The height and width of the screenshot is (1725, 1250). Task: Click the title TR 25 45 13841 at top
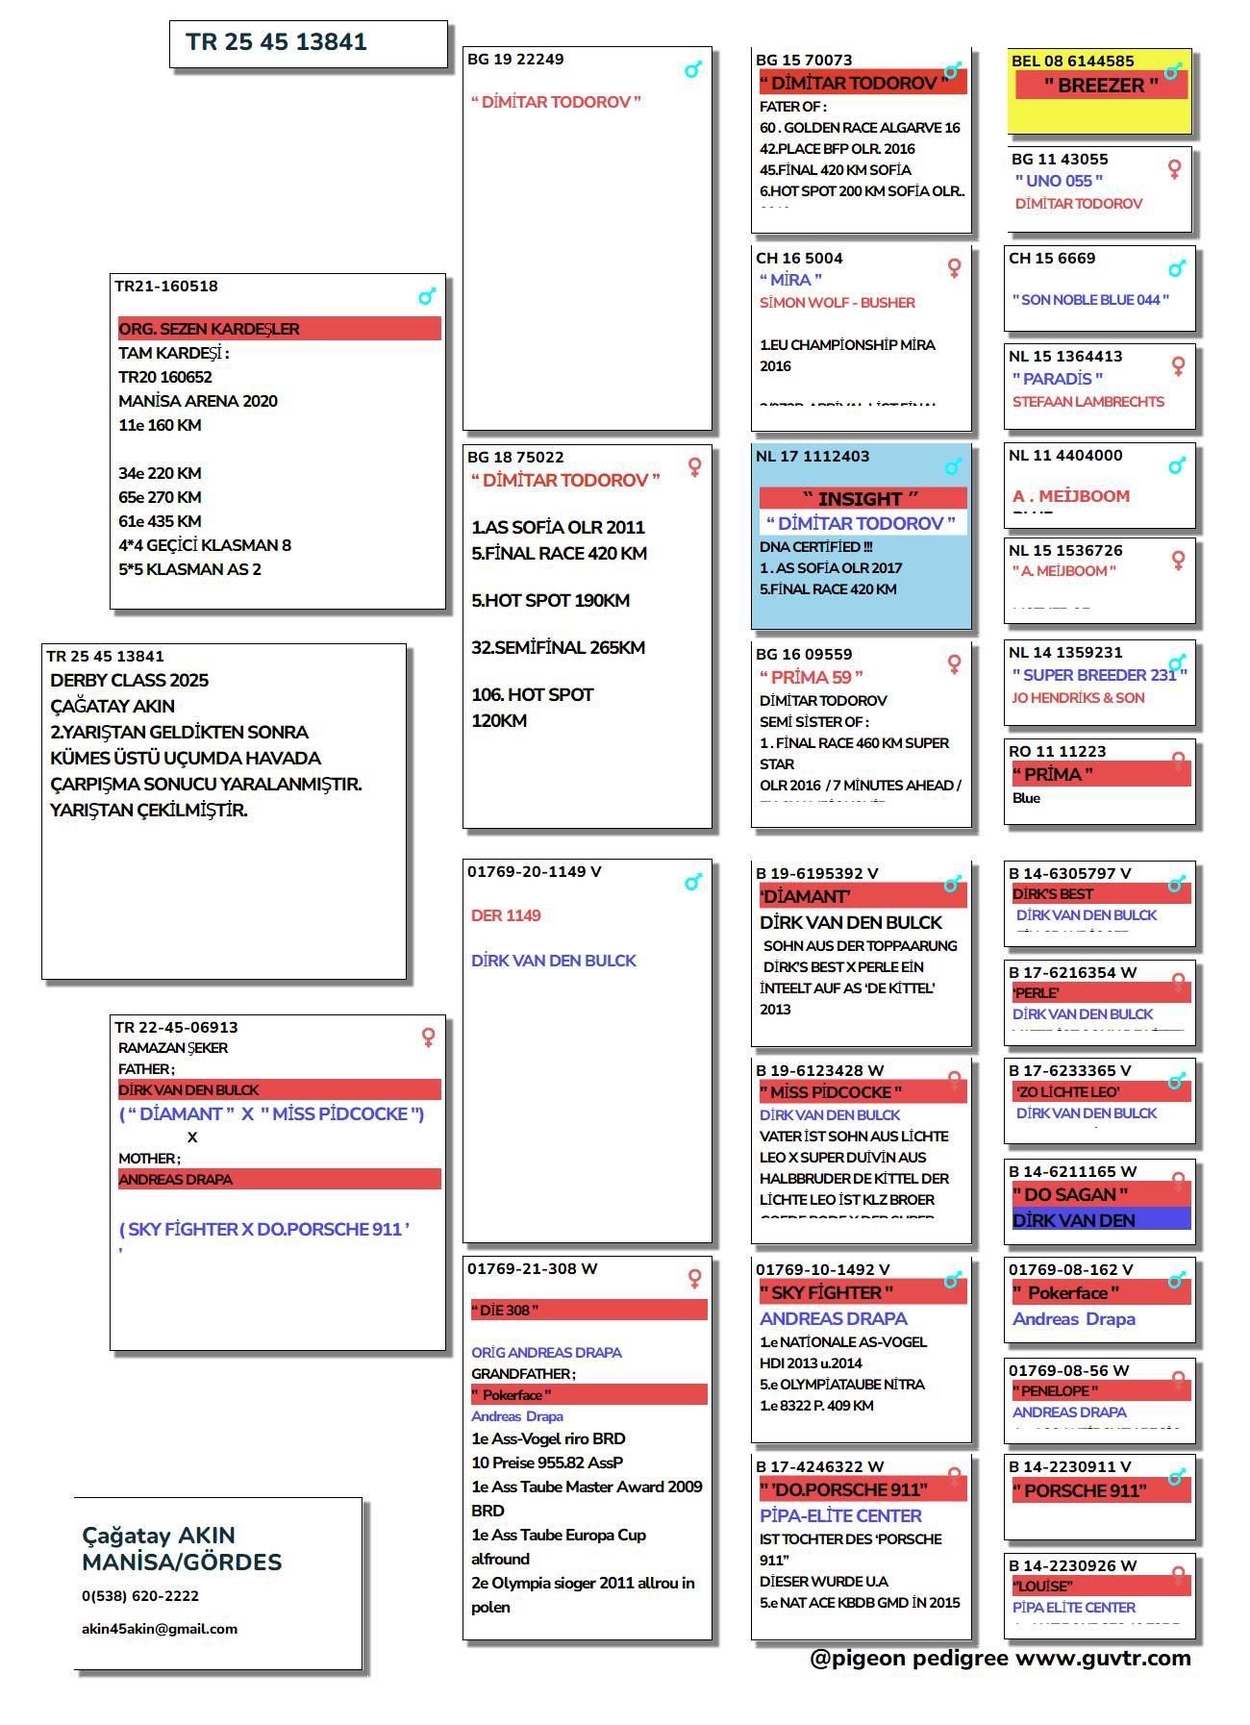click(276, 42)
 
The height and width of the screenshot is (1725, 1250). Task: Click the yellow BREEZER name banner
click(1101, 86)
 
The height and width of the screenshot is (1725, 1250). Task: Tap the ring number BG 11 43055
click(1059, 160)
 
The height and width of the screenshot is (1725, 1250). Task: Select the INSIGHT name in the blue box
click(861, 499)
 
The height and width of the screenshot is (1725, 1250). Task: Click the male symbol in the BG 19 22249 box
click(693, 70)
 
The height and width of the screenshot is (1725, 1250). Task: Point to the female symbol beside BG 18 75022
click(694, 467)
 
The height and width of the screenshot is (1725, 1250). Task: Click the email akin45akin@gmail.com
click(160, 1629)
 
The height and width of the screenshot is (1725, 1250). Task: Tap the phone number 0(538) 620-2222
click(140, 1596)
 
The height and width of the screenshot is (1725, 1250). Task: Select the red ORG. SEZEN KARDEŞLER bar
click(279, 329)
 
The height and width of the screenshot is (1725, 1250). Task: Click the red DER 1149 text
click(506, 915)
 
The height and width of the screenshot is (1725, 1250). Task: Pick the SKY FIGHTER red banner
click(862, 1292)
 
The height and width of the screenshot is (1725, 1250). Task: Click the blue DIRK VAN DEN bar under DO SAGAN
click(1100, 1220)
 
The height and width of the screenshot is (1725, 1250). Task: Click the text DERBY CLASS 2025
click(129, 681)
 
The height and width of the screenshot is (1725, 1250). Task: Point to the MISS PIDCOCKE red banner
click(862, 1092)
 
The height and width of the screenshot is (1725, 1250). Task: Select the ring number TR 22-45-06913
click(176, 1028)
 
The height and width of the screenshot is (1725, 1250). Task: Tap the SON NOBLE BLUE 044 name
click(1090, 300)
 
